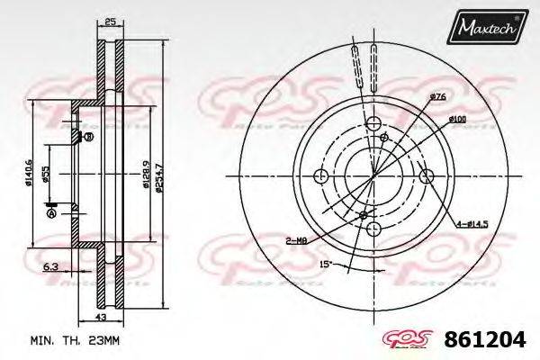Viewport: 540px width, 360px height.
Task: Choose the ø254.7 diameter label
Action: coord(159,170)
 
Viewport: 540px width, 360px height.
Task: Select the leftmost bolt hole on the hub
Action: coord(319,176)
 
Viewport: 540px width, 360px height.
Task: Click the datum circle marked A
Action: coord(50,214)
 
